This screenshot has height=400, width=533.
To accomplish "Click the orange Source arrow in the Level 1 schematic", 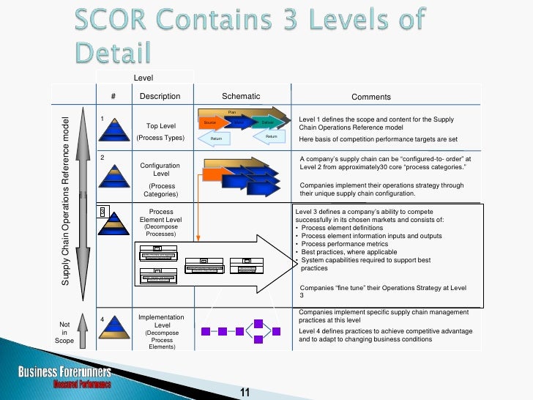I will tap(209, 122).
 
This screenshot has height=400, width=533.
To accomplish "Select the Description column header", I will tap(159, 96).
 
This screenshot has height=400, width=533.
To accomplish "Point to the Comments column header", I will tap(371, 97).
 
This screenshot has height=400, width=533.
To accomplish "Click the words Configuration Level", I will tap(160, 169).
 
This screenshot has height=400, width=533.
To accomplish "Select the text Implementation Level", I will tap(160, 321).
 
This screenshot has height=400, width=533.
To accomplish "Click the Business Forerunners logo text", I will tap(65, 372).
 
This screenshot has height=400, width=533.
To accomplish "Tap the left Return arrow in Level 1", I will tap(216, 137).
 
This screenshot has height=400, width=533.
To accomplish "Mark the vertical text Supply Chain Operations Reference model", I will tap(65, 191).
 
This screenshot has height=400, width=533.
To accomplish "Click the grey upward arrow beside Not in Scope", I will tap(83, 332).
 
